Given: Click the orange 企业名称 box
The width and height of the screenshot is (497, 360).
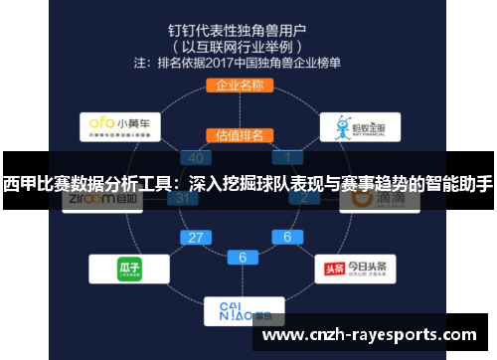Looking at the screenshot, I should (239, 86).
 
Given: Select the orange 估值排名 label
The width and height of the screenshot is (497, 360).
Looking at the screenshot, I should (239, 135).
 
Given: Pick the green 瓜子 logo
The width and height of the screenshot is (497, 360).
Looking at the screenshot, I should (126, 269).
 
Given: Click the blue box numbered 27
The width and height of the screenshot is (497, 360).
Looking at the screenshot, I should (197, 238).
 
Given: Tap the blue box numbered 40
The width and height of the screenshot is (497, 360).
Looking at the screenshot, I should (196, 157).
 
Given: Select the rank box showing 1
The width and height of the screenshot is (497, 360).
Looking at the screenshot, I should (288, 157).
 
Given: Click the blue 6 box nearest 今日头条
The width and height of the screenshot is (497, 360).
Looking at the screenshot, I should (287, 238).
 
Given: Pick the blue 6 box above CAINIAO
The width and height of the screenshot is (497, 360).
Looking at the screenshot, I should (242, 258).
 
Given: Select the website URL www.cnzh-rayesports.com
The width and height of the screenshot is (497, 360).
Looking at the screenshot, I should (369, 334).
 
